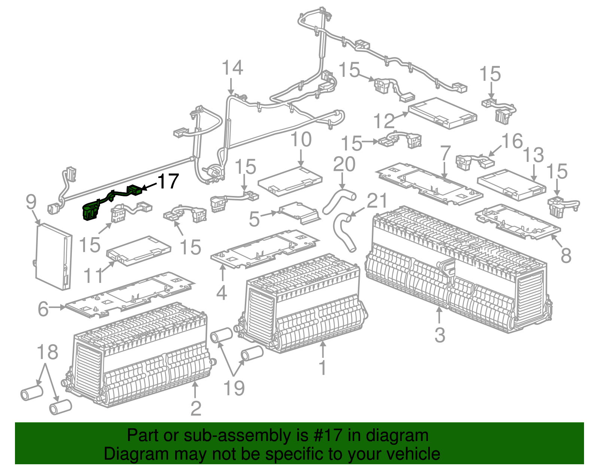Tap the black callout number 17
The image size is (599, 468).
point(168,182)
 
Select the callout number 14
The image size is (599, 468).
point(232,68)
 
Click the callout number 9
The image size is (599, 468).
point(31,202)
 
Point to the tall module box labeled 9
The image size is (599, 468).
point(54,257)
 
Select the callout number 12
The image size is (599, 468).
point(384,121)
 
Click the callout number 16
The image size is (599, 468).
point(512,142)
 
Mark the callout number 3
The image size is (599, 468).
point(440,335)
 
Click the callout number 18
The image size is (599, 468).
point(48,352)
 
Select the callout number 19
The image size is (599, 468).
point(234,388)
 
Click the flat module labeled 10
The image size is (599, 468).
point(290,181)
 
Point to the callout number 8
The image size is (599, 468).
point(566,256)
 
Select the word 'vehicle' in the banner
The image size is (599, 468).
point(413,454)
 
